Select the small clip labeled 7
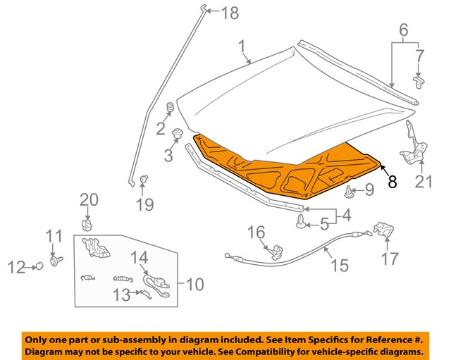pyautogui.click(x=419, y=83)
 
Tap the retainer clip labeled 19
pyautogui.click(x=144, y=180)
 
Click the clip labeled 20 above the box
pyautogui.click(x=88, y=225)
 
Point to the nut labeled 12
pyautogui.click(x=40, y=266)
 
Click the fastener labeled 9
pyautogui.click(x=350, y=190)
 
